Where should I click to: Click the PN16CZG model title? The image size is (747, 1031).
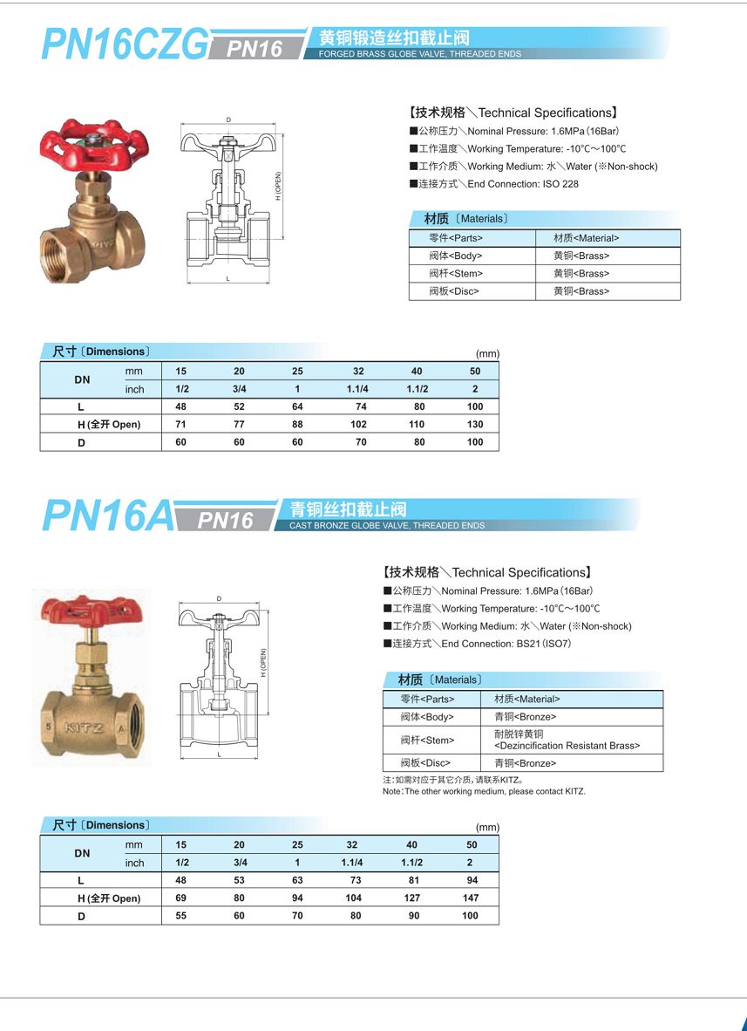[126, 44]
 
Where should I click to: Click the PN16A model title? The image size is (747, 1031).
[108, 516]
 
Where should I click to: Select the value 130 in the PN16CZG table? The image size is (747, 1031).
[474, 425]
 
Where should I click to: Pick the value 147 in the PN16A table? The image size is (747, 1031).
[471, 898]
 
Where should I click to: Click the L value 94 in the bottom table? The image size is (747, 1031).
[472, 880]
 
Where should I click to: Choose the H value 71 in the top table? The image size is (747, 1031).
[181, 425]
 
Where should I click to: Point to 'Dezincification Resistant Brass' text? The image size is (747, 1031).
[567, 746]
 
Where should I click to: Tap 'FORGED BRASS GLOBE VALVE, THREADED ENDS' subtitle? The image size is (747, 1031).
[419, 54]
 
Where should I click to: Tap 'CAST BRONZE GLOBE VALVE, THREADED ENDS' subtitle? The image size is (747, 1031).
[387, 526]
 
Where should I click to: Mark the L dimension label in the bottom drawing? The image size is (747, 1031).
[219, 754]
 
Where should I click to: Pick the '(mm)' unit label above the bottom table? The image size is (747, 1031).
[487, 827]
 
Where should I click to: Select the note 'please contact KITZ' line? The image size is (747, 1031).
[484, 791]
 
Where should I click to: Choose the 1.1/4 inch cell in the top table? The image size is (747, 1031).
[358, 389]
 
